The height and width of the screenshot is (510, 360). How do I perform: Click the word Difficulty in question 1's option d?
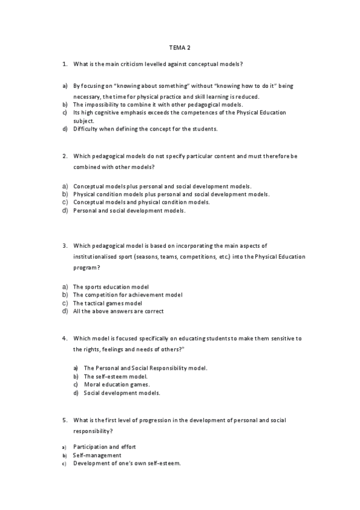tap(85, 128)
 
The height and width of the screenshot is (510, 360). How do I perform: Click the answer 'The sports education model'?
tap(111, 286)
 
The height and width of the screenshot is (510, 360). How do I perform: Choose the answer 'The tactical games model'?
tap(108, 303)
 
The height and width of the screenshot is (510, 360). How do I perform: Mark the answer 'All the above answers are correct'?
tap(118, 312)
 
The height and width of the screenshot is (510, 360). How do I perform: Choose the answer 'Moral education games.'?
tap(117, 384)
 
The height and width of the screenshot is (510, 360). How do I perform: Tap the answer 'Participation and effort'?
tap(105, 447)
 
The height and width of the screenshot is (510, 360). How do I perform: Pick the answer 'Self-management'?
tap(97, 455)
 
